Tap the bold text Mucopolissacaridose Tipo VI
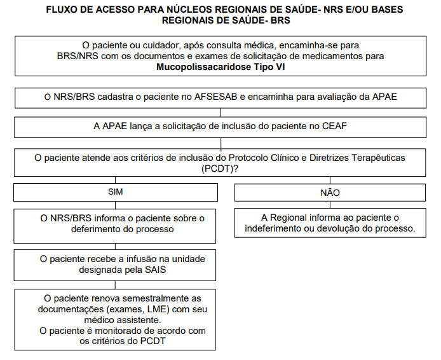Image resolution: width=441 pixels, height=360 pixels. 221,67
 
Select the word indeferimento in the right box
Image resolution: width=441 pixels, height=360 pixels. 275,229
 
